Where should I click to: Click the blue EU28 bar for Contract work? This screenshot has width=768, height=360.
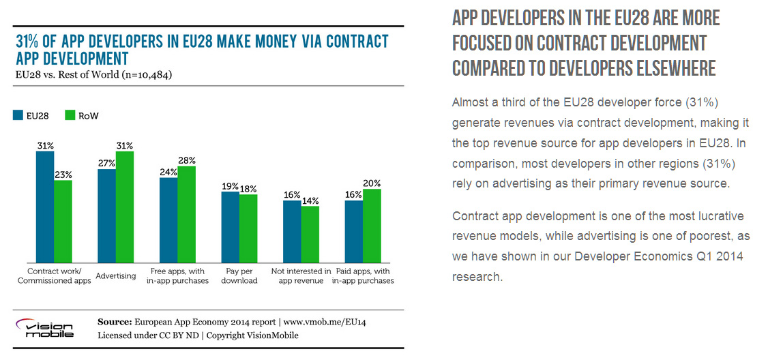(x=45, y=207)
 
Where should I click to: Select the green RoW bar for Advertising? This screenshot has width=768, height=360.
(x=125, y=207)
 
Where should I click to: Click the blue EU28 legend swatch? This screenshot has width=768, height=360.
(x=18, y=116)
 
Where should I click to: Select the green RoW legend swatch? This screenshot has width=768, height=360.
(x=70, y=116)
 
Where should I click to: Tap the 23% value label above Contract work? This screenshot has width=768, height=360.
(x=63, y=174)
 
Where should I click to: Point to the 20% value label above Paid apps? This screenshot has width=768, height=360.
(x=372, y=183)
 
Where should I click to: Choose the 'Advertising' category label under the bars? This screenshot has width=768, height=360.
(x=116, y=275)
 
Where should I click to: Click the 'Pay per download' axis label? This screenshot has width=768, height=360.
(x=239, y=275)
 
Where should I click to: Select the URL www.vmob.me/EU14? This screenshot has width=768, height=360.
(x=327, y=321)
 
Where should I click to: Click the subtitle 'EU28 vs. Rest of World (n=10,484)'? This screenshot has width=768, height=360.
(x=94, y=74)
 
